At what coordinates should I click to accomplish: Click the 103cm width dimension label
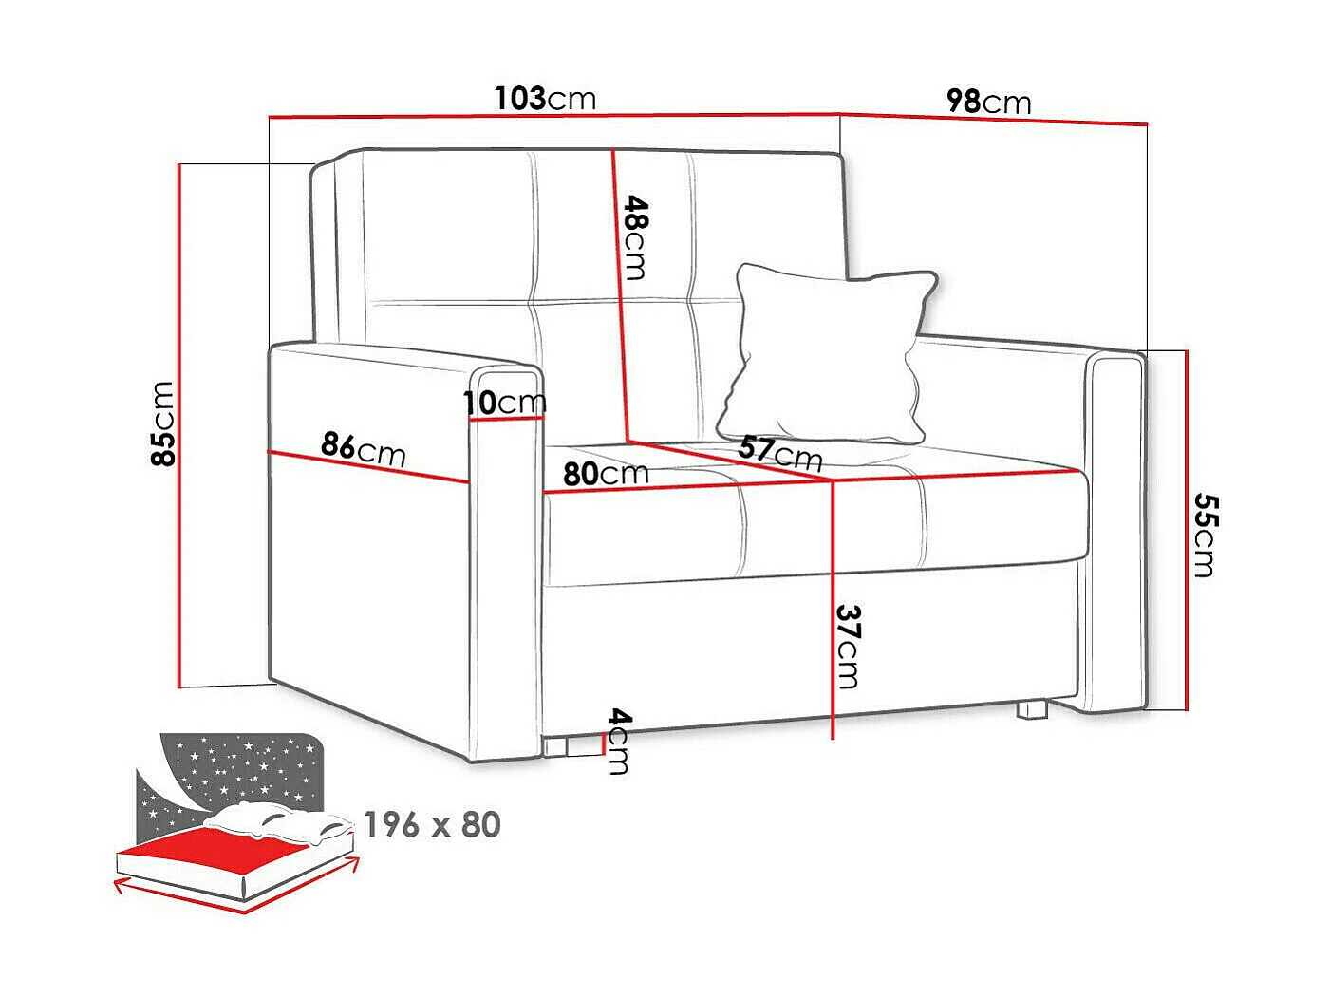545,98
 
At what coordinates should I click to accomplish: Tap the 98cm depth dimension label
987,101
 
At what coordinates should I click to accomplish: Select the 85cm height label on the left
163,423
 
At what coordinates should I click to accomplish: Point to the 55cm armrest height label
1203,534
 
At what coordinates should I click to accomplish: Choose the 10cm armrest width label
505,403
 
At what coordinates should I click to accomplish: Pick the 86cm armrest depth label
363,448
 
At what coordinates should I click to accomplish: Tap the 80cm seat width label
606,473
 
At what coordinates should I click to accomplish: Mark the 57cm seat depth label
780,453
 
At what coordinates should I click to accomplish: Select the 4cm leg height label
618,741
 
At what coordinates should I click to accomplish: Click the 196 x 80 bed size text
432,825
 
